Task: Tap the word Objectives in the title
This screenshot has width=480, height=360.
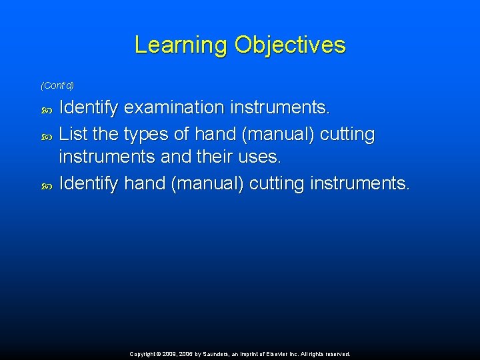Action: click(290, 45)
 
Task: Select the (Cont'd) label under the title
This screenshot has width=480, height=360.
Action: click(57, 85)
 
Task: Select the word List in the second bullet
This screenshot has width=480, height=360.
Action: click(73, 134)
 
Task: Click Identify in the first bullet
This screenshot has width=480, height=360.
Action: click(89, 107)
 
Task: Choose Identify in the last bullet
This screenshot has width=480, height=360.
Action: click(89, 183)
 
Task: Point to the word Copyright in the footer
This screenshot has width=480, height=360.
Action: click(145, 354)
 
